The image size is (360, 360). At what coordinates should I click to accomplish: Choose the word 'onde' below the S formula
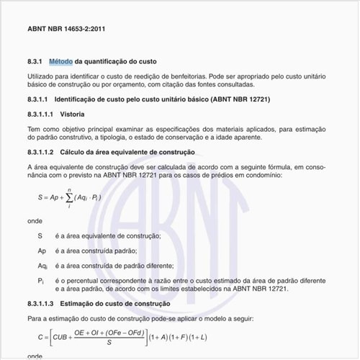(x=35, y=221)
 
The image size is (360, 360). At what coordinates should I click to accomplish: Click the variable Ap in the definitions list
(x=42, y=251)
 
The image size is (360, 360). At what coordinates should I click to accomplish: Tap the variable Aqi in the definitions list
(x=42, y=266)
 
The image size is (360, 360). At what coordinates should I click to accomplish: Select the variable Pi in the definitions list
(x=41, y=280)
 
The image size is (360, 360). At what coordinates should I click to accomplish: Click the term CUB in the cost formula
(x=60, y=336)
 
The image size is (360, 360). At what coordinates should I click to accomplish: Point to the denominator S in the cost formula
(x=108, y=343)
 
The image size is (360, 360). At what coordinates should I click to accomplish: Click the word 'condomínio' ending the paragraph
(x=274, y=175)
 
